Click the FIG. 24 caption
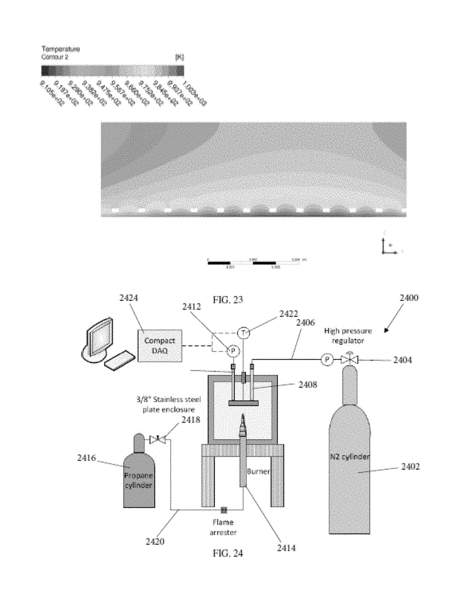click(228, 553)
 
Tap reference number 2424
click(128, 298)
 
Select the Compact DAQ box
click(160, 346)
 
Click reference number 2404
click(402, 360)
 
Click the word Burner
click(258, 471)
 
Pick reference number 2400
click(409, 298)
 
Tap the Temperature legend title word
click(61, 49)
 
